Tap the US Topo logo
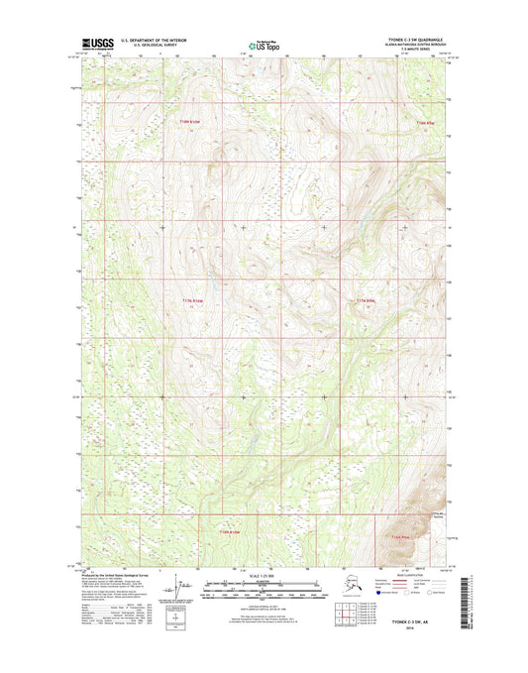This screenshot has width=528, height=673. click(263, 45)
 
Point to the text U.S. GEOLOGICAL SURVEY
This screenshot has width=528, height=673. click(149, 47)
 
